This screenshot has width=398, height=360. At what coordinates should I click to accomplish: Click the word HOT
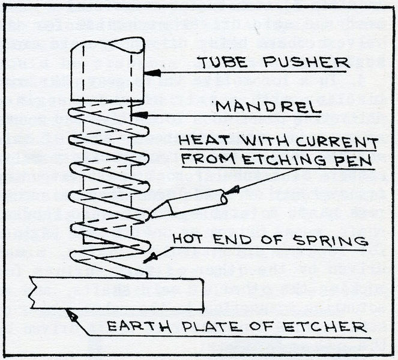click(188, 240)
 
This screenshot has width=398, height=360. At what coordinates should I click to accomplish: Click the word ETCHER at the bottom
click(330, 328)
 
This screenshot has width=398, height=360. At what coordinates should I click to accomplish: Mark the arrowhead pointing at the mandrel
click(137, 114)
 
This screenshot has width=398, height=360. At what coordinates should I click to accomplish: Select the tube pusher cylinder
click(107, 71)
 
